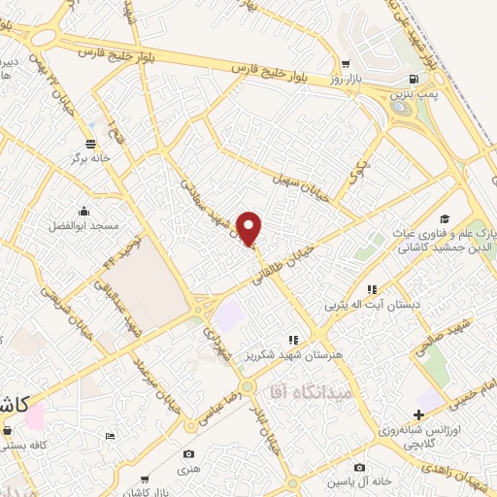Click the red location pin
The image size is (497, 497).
pyautogui.click(x=250, y=229)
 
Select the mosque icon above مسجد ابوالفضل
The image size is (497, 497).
pyautogui.click(x=83, y=212)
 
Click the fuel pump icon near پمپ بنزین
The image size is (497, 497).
pyautogui.click(x=414, y=79)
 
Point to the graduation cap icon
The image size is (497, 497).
pyautogui.click(x=445, y=219)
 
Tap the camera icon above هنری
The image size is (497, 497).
pyautogui.click(x=189, y=453)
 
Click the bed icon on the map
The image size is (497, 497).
pyautogui.click(x=110, y=438)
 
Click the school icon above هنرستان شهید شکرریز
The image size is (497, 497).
pyautogui.click(x=292, y=340)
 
